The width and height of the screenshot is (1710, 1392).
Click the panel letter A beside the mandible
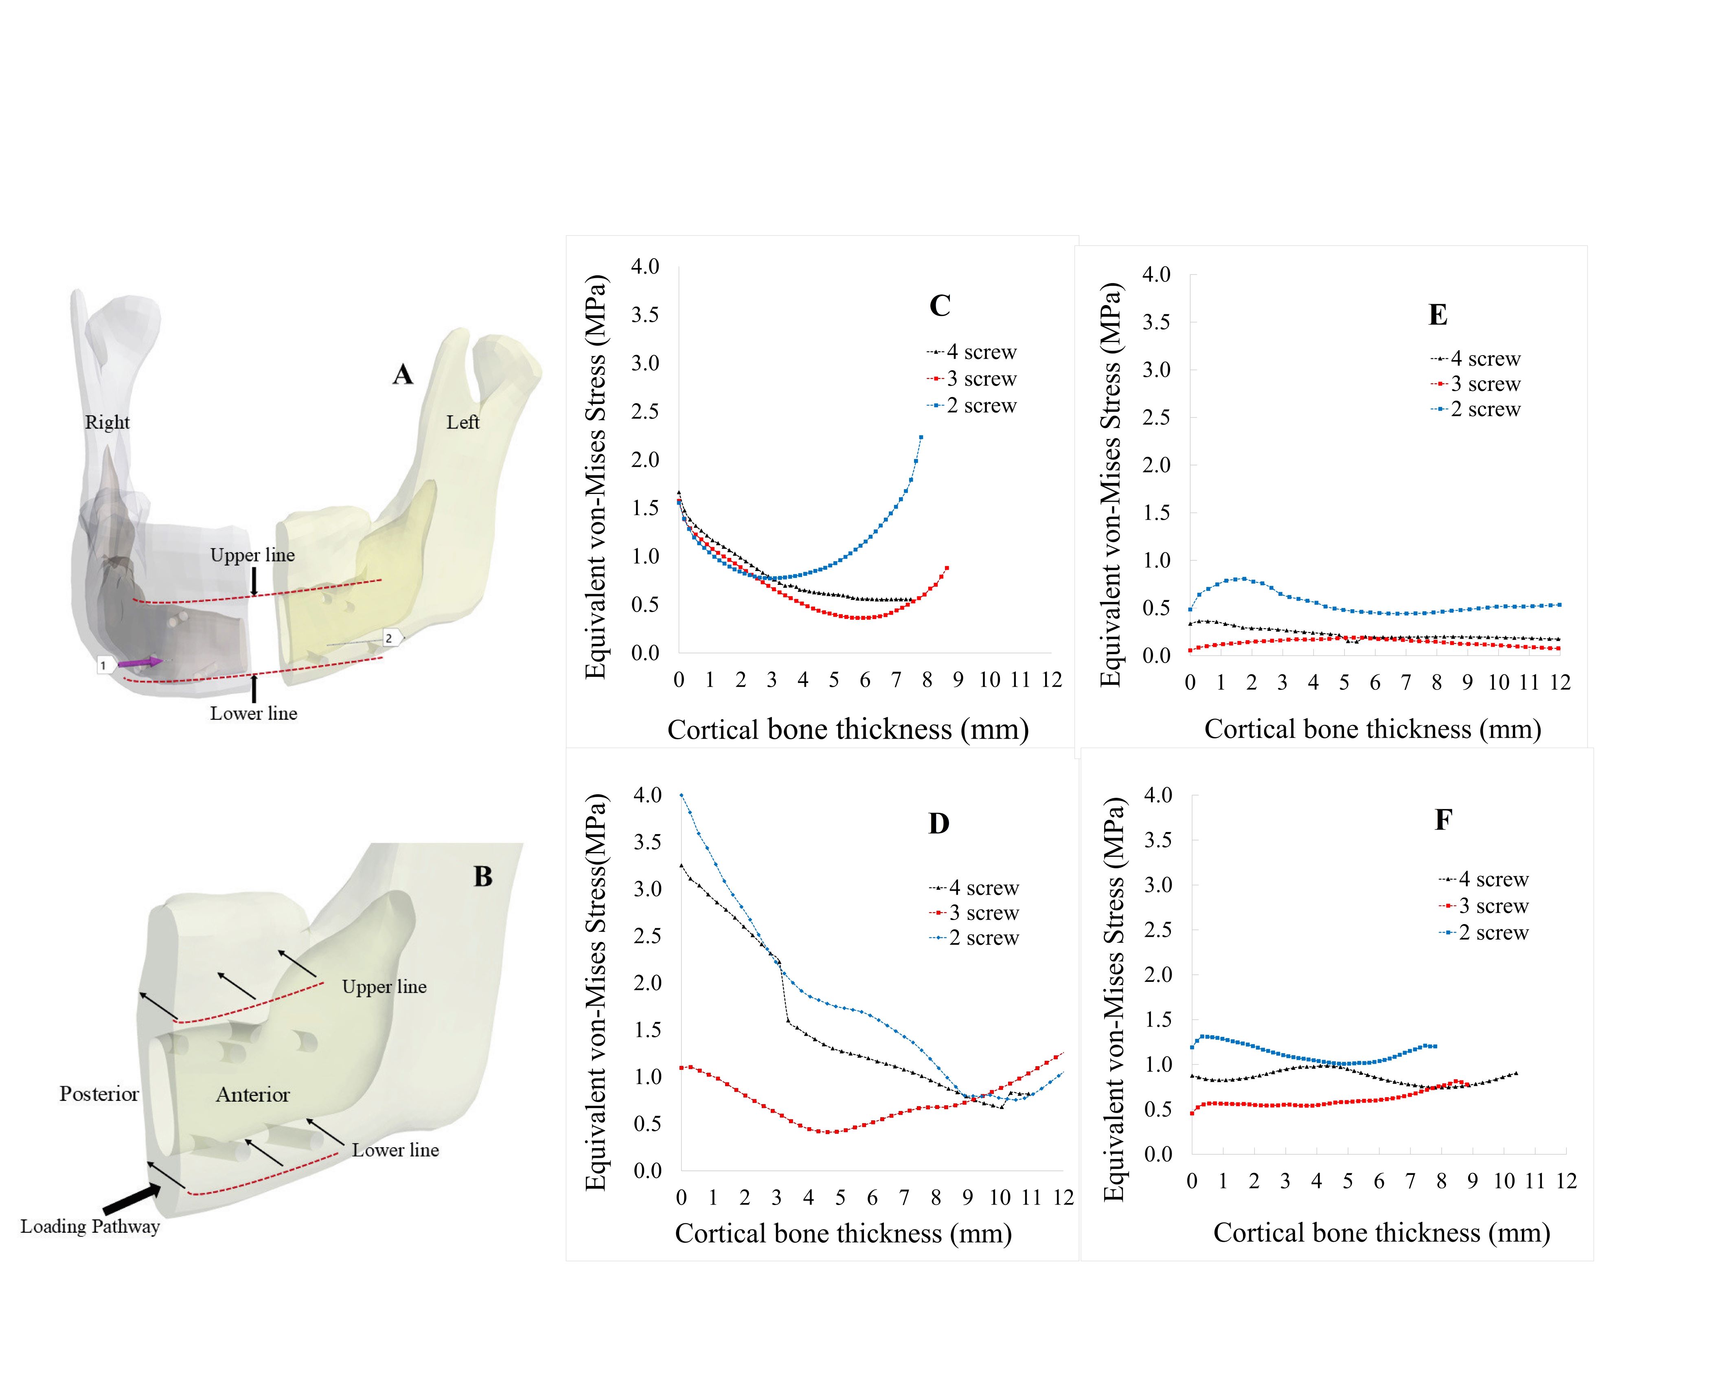402,374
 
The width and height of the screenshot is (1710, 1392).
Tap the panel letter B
482,876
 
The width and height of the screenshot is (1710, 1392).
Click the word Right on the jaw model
107,423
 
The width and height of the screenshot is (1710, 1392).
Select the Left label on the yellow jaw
463,423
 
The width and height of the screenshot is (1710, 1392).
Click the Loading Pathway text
90,1226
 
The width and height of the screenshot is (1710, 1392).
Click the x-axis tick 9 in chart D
968,1198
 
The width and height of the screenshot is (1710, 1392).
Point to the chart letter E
1438,315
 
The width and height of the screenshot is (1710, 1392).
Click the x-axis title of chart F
1381,1232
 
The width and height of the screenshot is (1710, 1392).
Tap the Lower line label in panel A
253,714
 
